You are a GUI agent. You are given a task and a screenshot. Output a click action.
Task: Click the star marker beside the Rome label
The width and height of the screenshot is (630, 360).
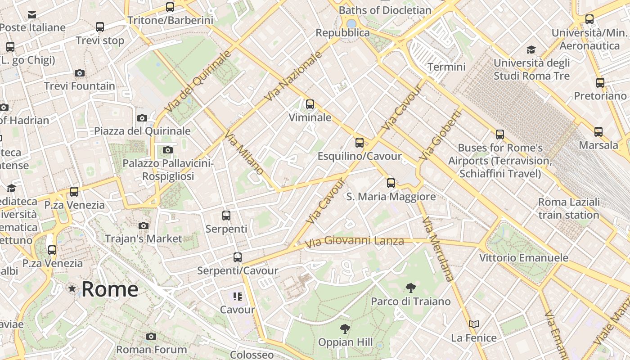[72, 288]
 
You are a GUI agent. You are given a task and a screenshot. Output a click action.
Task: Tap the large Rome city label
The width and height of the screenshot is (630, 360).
[110, 289]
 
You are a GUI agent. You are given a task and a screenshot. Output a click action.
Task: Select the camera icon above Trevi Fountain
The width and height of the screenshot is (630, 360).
[80, 73]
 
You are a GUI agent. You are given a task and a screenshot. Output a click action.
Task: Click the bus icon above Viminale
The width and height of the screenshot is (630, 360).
[310, 104]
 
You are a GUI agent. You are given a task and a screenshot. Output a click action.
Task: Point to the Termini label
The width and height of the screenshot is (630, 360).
[446, 67]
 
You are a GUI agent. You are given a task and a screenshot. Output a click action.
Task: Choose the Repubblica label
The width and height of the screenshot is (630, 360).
[342, 33]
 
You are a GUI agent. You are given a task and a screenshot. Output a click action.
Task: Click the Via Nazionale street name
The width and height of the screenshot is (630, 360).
[294, 76]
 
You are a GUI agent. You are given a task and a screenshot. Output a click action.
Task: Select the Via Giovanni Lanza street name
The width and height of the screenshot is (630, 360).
[354, 241]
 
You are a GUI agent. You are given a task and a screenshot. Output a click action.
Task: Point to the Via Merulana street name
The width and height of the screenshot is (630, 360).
[438, 249]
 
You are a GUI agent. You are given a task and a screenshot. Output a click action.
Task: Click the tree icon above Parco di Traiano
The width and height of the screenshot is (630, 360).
[410, 288]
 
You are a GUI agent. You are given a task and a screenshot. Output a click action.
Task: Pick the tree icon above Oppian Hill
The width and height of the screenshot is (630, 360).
[345, 328]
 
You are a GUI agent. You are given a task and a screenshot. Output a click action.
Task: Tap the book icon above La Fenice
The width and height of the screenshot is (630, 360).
[474, 324]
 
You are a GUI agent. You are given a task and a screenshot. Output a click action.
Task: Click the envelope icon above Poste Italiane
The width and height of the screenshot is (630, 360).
[32, 15]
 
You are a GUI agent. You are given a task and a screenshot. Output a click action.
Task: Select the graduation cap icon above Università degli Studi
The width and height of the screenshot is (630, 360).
[531, 49]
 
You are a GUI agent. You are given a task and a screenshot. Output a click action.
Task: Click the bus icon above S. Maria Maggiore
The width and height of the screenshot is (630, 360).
[391, 183]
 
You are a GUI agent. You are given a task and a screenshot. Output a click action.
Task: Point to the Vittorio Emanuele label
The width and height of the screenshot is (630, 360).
[523, 258]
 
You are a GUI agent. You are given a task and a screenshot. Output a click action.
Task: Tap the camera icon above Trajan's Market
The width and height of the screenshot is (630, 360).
[144, 225]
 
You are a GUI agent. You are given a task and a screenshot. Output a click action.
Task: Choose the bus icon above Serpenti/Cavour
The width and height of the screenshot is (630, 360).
[238, 257]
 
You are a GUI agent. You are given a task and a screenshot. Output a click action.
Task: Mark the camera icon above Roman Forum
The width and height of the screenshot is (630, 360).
[151, 336]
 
